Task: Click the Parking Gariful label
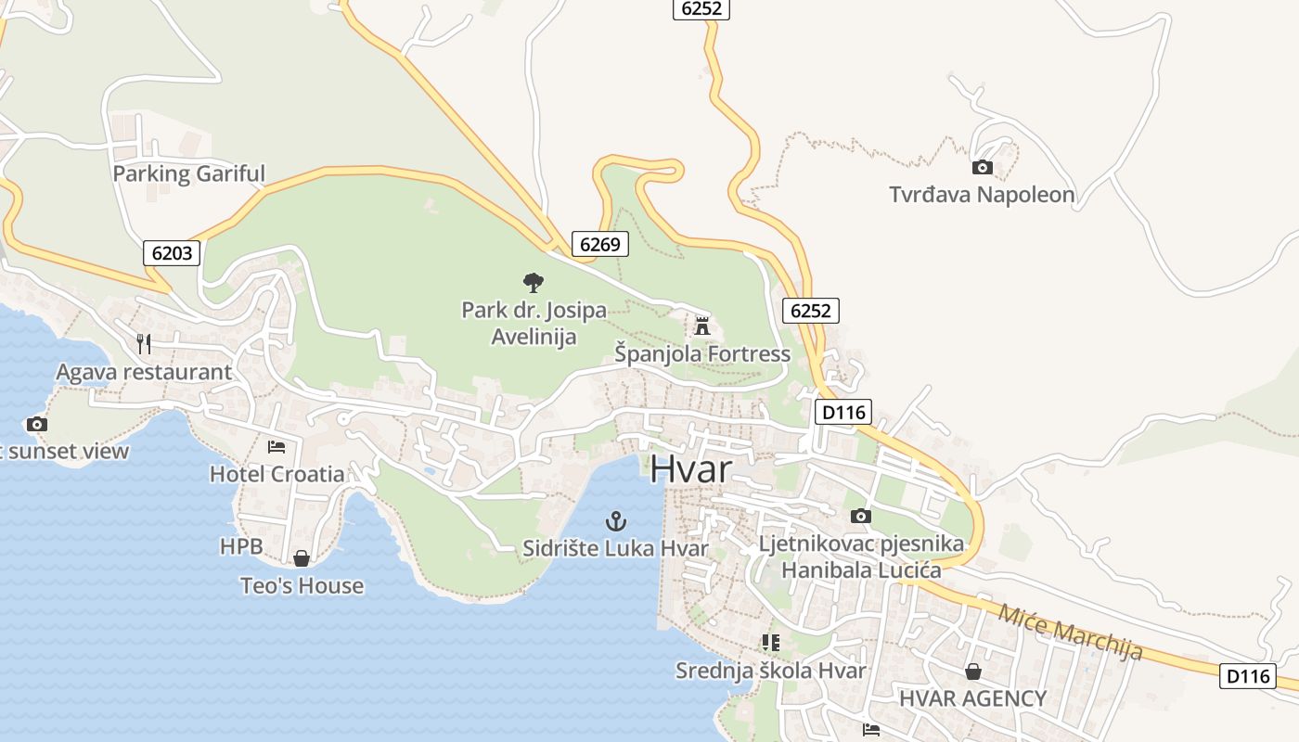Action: point(188,173)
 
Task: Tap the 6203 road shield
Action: point(172,252)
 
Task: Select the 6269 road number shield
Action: point(599,244)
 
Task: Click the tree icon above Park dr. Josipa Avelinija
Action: point(534,282)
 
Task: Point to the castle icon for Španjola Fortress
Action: point(702,326)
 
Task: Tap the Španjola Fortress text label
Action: point(702,353)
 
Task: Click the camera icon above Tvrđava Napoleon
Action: point(982,168)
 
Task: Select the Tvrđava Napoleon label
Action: point(982,195)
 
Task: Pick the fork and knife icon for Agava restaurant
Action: point(144,344)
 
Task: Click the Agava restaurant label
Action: point(144,372)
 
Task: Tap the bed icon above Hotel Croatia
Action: point(277,447)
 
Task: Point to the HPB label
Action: point(241,546)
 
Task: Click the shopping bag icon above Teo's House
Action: point(302,558)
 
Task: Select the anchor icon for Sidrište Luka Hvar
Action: point(616,521)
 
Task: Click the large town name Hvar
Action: point(690,469)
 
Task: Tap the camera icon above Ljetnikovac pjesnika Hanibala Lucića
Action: point(861,517)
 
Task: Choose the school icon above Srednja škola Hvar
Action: point(770,642)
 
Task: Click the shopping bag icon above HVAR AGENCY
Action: point(973,672)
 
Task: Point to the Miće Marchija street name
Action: point(1070,632)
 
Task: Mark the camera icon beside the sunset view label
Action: point(37,425)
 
